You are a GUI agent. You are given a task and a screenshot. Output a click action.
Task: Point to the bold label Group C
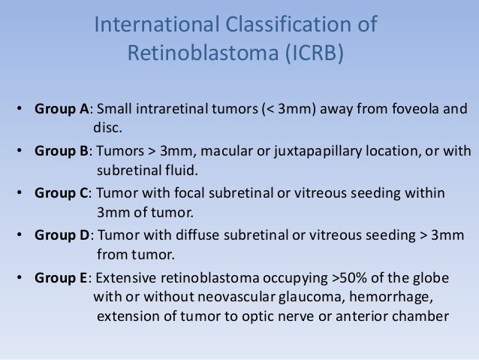(x=61, y=193)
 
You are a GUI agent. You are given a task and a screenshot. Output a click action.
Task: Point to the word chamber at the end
(x=425, y=316)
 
